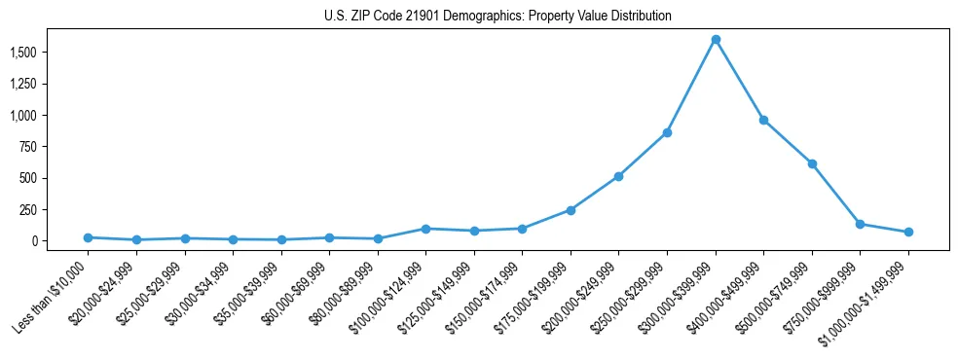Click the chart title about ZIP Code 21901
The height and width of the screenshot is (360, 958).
497,17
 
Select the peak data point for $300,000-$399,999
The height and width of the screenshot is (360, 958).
716,40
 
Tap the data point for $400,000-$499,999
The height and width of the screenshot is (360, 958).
763,120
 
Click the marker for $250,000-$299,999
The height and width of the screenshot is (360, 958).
667,132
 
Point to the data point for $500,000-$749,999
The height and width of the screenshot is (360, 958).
812,163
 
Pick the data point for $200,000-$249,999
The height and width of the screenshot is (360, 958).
618,176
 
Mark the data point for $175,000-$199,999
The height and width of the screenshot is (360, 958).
571,210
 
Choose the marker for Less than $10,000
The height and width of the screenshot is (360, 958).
88,237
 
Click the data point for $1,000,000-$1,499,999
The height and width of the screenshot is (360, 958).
908,232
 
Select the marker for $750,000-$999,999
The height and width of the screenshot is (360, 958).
860,224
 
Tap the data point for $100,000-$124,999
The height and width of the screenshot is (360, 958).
425,229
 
